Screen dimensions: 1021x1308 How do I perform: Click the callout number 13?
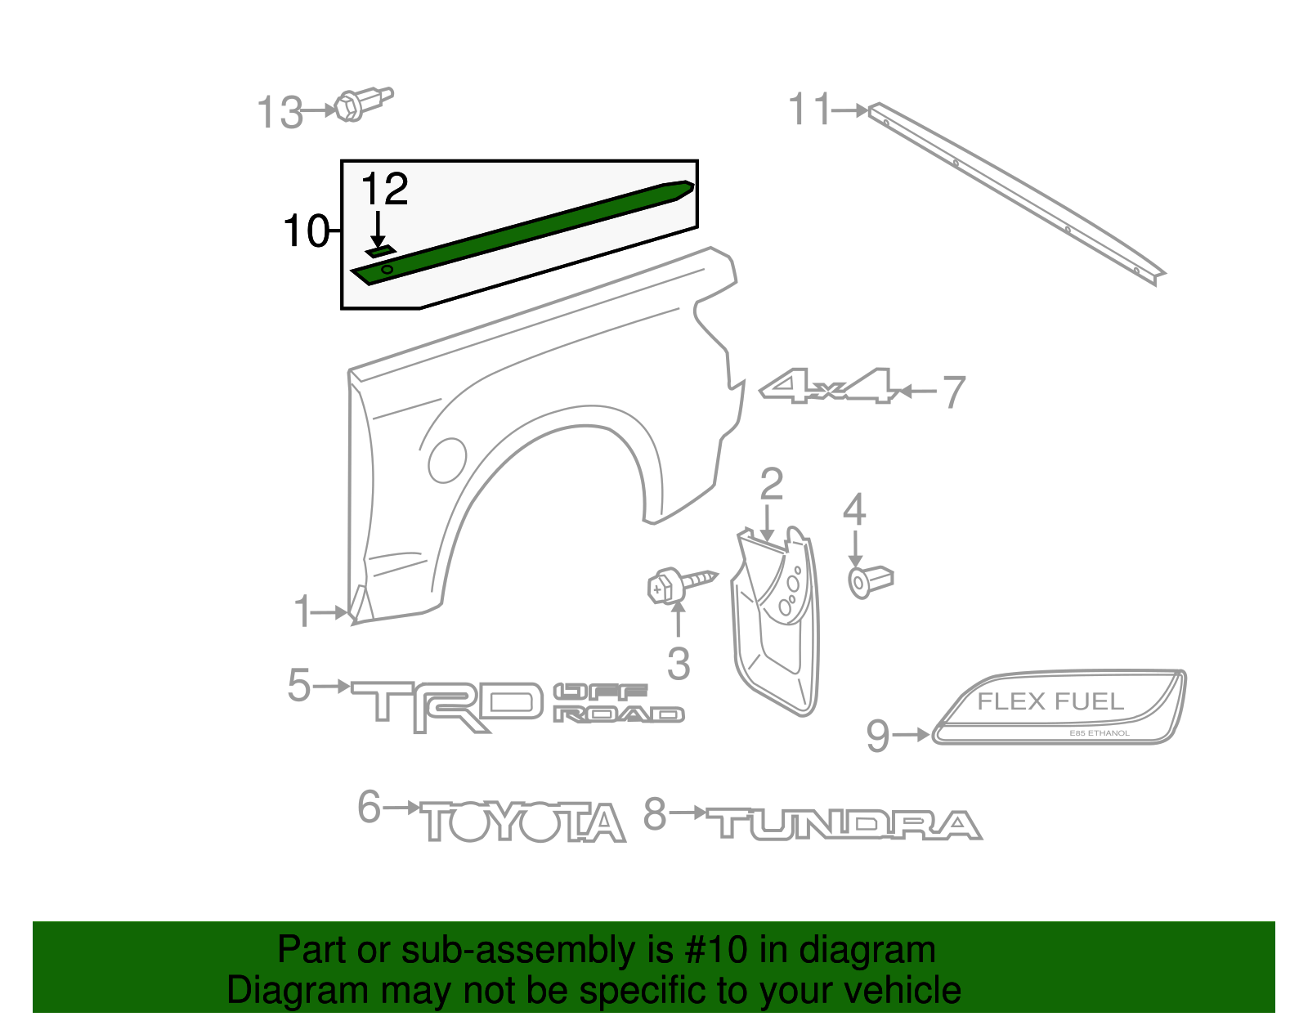(280, 112)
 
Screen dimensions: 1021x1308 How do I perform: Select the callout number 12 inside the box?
(383, 190)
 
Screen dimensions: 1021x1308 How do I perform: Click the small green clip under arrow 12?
(380, 251)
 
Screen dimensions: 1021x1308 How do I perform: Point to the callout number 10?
(305, 231)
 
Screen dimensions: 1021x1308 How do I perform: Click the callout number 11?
(809, 110)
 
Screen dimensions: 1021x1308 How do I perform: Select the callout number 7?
(954, 392)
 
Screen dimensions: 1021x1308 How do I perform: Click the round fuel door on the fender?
(447, 459)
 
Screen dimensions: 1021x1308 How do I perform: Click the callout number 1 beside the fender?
(303, 612)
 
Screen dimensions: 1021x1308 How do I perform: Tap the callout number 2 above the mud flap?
(771, 485)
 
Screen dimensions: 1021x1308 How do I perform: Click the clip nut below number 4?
(869, 581)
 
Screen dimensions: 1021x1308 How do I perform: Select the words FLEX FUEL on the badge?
(1050, 701)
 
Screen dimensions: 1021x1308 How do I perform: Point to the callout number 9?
(877, 736)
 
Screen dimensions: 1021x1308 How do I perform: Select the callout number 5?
(299, 685)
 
